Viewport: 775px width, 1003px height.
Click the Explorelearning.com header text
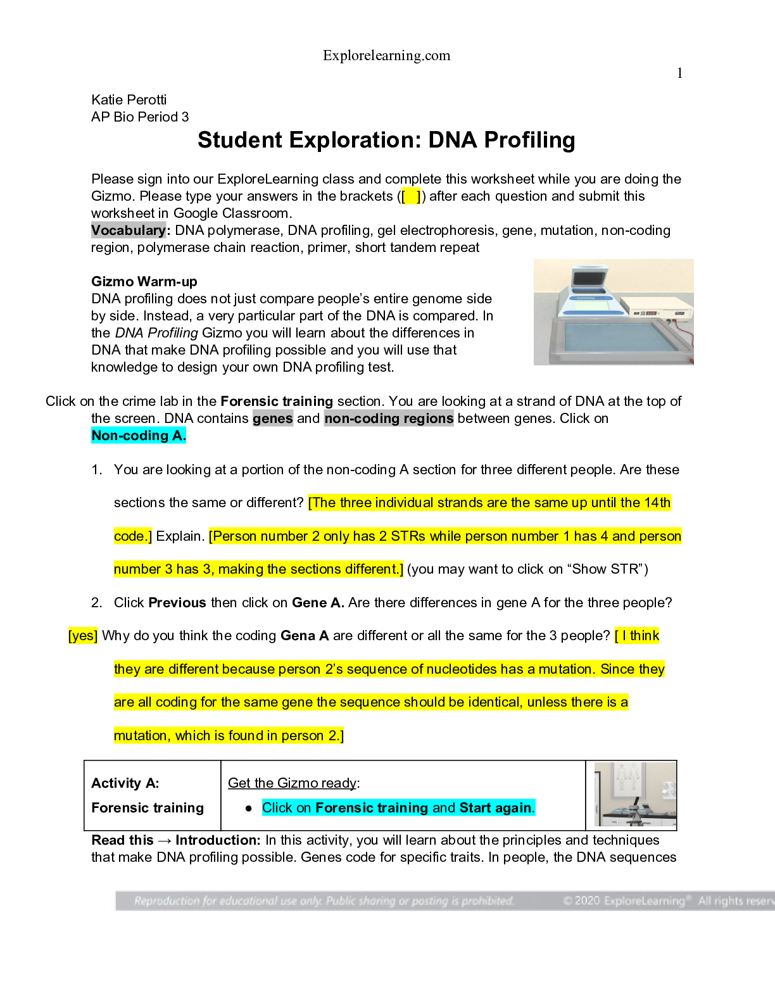386,56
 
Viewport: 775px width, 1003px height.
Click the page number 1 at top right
679,73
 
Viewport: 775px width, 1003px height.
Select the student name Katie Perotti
129,100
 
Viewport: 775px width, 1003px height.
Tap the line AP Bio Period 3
140,117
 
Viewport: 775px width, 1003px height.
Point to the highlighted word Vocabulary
129,230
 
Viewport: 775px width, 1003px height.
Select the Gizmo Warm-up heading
144,282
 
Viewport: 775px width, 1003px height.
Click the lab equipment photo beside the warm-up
613,312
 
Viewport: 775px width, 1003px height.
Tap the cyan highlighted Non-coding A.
139,436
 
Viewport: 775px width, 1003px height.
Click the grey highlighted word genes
272,419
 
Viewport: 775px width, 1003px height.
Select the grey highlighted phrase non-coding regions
389,419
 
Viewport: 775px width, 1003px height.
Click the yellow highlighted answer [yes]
83,636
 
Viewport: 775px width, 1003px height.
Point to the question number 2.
96,603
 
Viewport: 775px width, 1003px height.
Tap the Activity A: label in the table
125,783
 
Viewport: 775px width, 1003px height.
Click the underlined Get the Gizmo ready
293,783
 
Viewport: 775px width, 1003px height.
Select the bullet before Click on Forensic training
249,809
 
